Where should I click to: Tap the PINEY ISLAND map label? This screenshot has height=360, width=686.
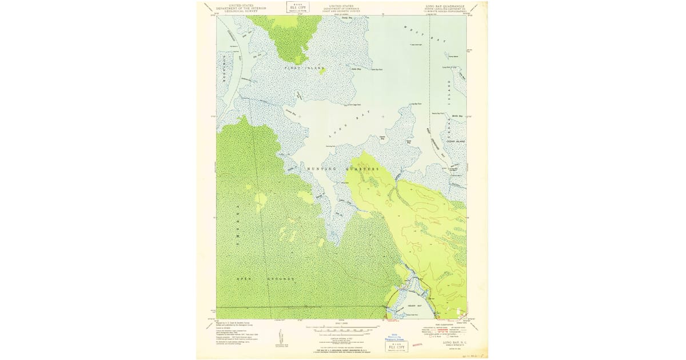(x=304, y=68)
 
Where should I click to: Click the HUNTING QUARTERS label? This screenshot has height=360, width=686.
(x=343, y=169)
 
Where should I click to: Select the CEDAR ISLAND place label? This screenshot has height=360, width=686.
(x=456, y=141)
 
